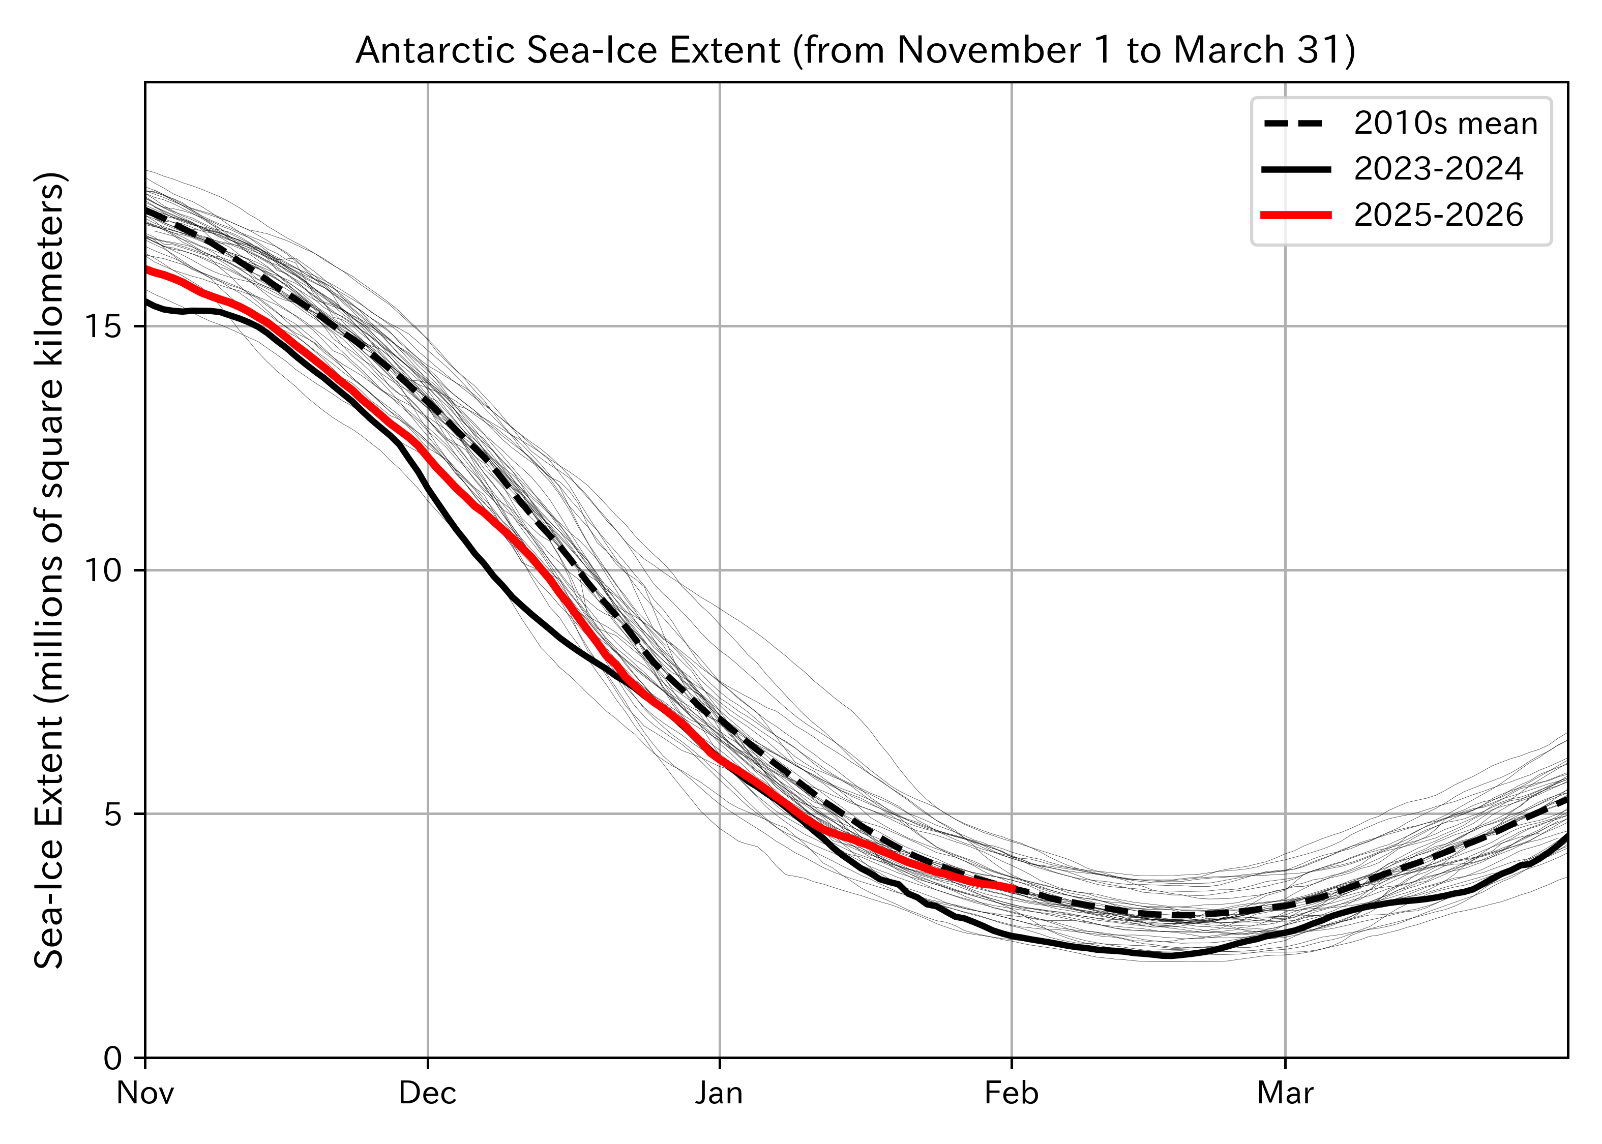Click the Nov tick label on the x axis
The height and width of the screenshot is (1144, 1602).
click(145, 1093)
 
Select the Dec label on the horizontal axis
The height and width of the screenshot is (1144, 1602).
click(428, 1093)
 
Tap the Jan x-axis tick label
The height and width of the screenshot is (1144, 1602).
click(719, 1093)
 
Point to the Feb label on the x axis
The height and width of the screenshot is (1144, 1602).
click(1012, 1093)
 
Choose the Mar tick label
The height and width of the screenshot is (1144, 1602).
click(1286, 1093)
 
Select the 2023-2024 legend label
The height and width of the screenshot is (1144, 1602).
click(1439, 170)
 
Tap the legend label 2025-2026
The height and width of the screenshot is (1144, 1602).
click(1439, 216)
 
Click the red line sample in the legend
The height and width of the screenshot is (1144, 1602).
click(1296, 216)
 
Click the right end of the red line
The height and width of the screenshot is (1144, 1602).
click(1013, 889)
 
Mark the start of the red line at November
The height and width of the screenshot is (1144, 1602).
click(146, 269)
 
